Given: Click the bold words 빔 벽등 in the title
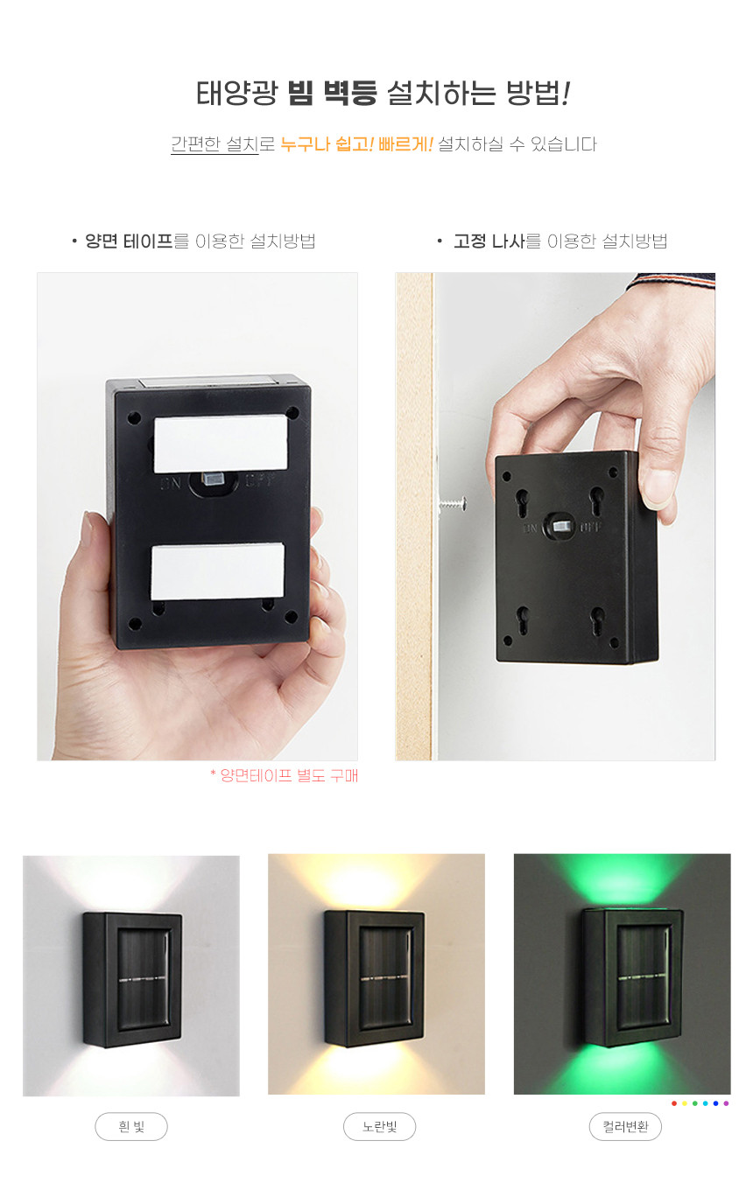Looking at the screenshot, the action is click(333, 93).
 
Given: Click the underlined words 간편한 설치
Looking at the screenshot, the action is click(215, 144).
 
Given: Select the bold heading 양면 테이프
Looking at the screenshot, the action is click(130, 241).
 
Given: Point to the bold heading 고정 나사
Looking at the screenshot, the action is click(489, 241).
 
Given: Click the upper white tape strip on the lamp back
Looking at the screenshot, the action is click(221, 444).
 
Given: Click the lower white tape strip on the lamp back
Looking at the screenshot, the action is click(217, 571).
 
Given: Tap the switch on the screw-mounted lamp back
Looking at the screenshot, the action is click(561, 527).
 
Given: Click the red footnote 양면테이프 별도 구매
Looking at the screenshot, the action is click(284, 775).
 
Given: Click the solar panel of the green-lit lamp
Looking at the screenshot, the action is click(643, 976).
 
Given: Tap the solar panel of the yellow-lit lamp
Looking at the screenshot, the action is click(387, 976).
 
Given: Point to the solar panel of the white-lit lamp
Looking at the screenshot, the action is click(144, 979).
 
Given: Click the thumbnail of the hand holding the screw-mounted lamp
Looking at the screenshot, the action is click(555, 516).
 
